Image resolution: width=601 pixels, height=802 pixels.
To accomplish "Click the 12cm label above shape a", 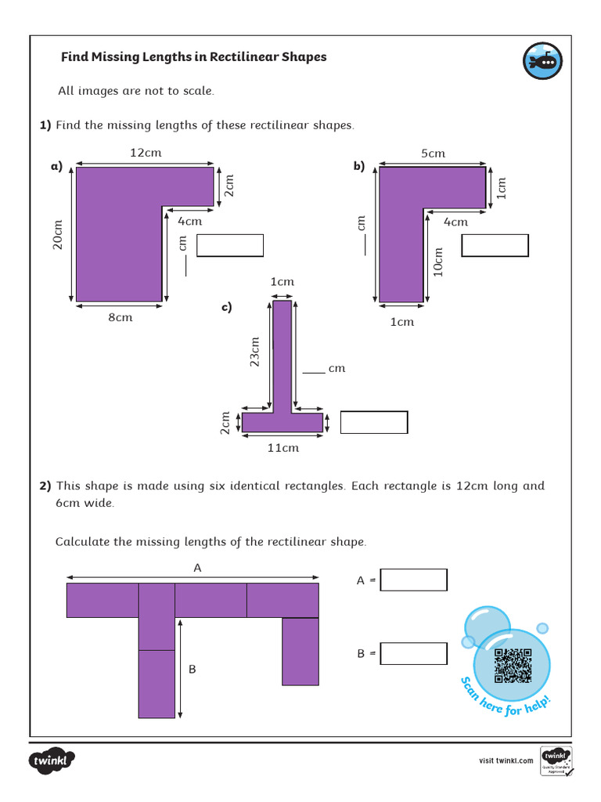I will [146, 153].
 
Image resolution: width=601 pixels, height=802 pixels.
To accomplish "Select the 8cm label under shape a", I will [120, 317].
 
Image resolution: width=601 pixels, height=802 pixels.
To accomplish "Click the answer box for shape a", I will [230, 245].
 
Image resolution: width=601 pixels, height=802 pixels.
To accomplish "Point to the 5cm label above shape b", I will [433, 154].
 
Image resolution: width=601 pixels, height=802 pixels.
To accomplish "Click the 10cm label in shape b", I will [438, 262].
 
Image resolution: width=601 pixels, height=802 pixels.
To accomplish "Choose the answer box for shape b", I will [495, 245].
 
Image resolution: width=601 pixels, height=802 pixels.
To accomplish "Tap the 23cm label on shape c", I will [254, 352].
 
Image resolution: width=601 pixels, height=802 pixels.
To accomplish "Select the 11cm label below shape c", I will [283, 448].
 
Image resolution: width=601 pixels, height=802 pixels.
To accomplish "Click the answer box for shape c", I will [374, 422].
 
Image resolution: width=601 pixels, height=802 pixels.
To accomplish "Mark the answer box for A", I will [413, 580].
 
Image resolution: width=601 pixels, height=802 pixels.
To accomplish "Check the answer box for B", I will [413, 653].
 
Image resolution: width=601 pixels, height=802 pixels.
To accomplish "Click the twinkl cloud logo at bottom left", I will [52, 760].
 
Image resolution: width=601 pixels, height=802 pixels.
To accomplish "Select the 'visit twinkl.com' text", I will [506, 760].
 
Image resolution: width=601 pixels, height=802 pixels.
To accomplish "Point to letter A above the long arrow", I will [197, 569].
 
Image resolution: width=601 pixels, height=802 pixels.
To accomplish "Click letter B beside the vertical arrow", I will [192, 670].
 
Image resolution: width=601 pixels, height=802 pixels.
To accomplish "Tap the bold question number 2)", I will [45, 486].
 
